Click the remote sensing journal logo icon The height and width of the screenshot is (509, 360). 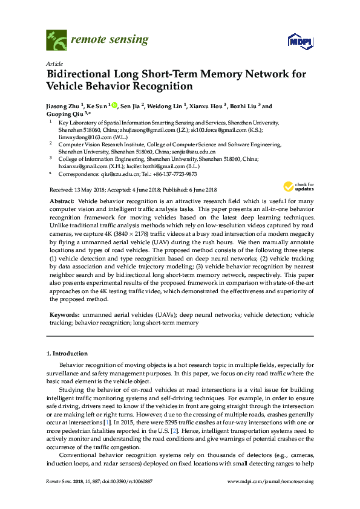pos(56,41)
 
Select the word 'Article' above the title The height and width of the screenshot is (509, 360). pos(54,63)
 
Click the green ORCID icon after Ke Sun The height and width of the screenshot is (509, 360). pos(113,106)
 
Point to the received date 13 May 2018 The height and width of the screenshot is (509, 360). pos(90,189)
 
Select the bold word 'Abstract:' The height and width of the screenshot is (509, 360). pos(61,200)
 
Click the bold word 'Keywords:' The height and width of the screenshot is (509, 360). pos(63,315)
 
